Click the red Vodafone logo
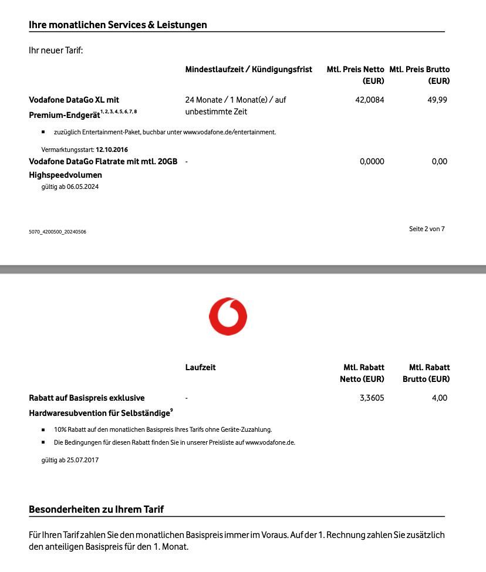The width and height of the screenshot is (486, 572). [x=228, y=317]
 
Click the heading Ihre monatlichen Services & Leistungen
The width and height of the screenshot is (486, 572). [x=118, y=25]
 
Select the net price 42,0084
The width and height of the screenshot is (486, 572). [x=370, y=100]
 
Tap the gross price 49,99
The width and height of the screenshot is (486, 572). [x=437, y=100]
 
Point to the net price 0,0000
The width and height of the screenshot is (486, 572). [x=372, y=161]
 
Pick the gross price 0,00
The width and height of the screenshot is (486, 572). [x=440, y=161]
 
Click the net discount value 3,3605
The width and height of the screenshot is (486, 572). [x=372, y=398]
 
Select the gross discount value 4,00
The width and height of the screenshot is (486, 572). [x=440, y=398]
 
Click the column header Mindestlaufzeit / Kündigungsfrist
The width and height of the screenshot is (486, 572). [x=249, y=69]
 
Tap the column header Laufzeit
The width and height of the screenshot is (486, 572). [x=201, y=367]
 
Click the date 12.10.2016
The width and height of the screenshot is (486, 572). [x=112, y=150]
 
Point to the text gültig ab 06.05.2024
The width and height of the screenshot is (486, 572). [x=70, y=187]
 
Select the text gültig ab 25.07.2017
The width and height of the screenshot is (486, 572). [x=70, y=460]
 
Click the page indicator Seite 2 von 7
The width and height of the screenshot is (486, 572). [x=427, y=229]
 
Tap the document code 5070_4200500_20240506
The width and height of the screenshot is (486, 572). [x=58, y=232]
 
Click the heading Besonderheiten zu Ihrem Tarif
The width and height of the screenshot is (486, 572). [x=96, y=509]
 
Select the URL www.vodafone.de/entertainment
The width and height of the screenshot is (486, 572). [x=229, y=132]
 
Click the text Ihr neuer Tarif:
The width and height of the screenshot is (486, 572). [x=56, y=50]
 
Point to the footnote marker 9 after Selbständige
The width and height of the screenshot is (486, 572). [x=171, y=411]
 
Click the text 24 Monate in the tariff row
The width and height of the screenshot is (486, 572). [x=203, y=100]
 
